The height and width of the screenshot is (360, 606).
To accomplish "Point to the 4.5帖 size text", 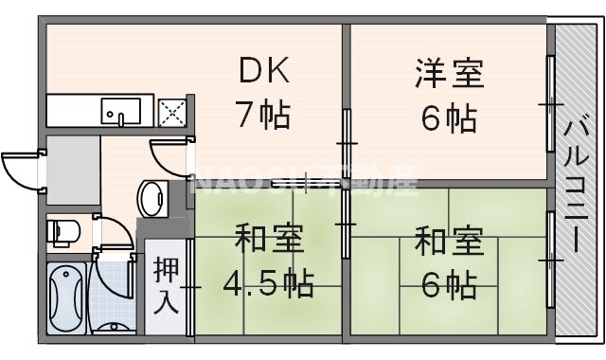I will click(x=268, y=282).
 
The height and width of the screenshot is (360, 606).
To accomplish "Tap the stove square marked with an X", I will click(x=173, y=112).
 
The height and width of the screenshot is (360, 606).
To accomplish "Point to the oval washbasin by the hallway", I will click(x=151, y=198).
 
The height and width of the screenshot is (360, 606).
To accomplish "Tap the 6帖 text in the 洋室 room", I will click(x=449, y=118).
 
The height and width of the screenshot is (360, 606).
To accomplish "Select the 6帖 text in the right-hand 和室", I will click(x=449, y=283).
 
